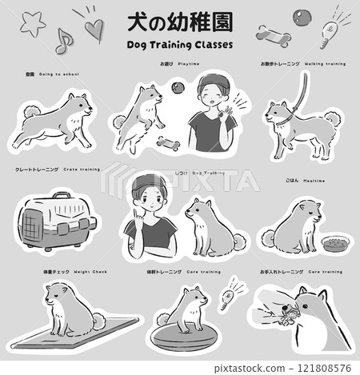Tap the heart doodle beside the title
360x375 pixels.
coord(94,29)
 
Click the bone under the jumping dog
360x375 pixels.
coord(170,145)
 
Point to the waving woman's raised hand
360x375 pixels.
coord(238,109)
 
